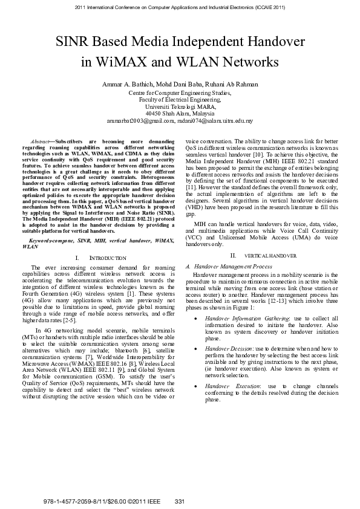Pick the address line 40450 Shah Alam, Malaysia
pos(180,113)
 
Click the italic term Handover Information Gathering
pos(246,317)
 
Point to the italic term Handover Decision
pos(228,349)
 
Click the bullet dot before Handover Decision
pos(196,349)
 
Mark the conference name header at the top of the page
pos(180,8)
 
